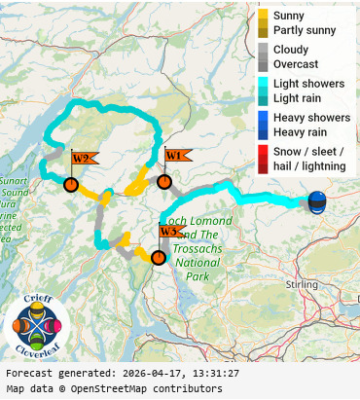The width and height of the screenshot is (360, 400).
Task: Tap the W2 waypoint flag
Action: point(83,159)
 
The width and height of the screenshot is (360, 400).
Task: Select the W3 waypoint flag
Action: point(170,232)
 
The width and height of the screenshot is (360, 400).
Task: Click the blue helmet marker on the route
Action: point(317,202)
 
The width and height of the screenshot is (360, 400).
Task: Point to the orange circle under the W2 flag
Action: point(70,184)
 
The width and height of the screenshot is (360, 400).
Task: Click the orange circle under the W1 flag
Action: point(164,181)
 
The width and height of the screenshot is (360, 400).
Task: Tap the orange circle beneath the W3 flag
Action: point(158,257)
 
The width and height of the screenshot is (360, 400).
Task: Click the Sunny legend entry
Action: point(288,16)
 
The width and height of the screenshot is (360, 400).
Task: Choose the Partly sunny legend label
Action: point(305,31)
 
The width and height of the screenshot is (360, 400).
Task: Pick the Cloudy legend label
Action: point(291,49)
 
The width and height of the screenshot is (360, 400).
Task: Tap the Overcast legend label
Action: point(296,64)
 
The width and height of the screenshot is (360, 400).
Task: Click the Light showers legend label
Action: point(308,84)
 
